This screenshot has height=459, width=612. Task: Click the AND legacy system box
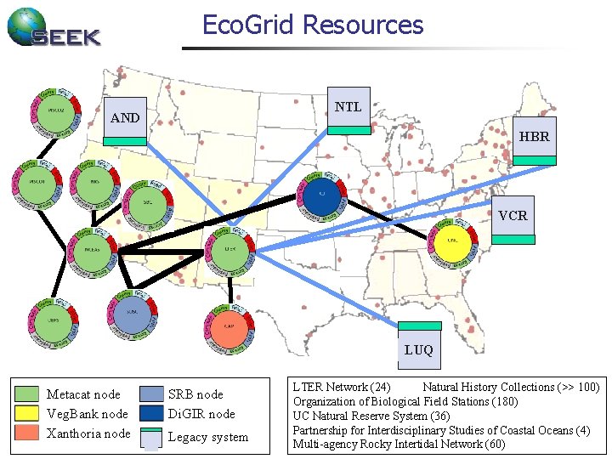click(x=124, y=118)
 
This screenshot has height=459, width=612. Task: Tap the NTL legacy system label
click(x=348, y=107)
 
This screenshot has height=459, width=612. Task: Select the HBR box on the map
click(x=535, y=136)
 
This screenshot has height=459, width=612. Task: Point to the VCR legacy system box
click(x=513, y=216)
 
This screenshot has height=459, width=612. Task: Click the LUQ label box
click(x=419, y=349)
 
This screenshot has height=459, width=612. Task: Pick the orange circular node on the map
click(x=228, y=326)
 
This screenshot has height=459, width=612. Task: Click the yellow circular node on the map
click(x=453, y=241)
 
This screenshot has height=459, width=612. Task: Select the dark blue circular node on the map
click(x=322, y=194)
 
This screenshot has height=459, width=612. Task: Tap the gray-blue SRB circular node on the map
click(x=133, y=311)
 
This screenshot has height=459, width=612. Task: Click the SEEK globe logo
click(x=25, y=26)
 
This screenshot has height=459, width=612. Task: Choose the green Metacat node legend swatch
click(x=29, y=394)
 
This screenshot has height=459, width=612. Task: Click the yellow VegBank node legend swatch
click(x=29, y=414)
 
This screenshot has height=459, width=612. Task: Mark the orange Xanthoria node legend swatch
click(x=29, y=433)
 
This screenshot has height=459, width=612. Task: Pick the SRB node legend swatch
click(x=150, y=394)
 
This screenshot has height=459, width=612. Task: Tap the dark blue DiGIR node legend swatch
click(x=150, y=414)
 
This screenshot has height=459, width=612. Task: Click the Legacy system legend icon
click(x=150, y=437)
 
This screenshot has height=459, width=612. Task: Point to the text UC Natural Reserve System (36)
click(x=371, y=416)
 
